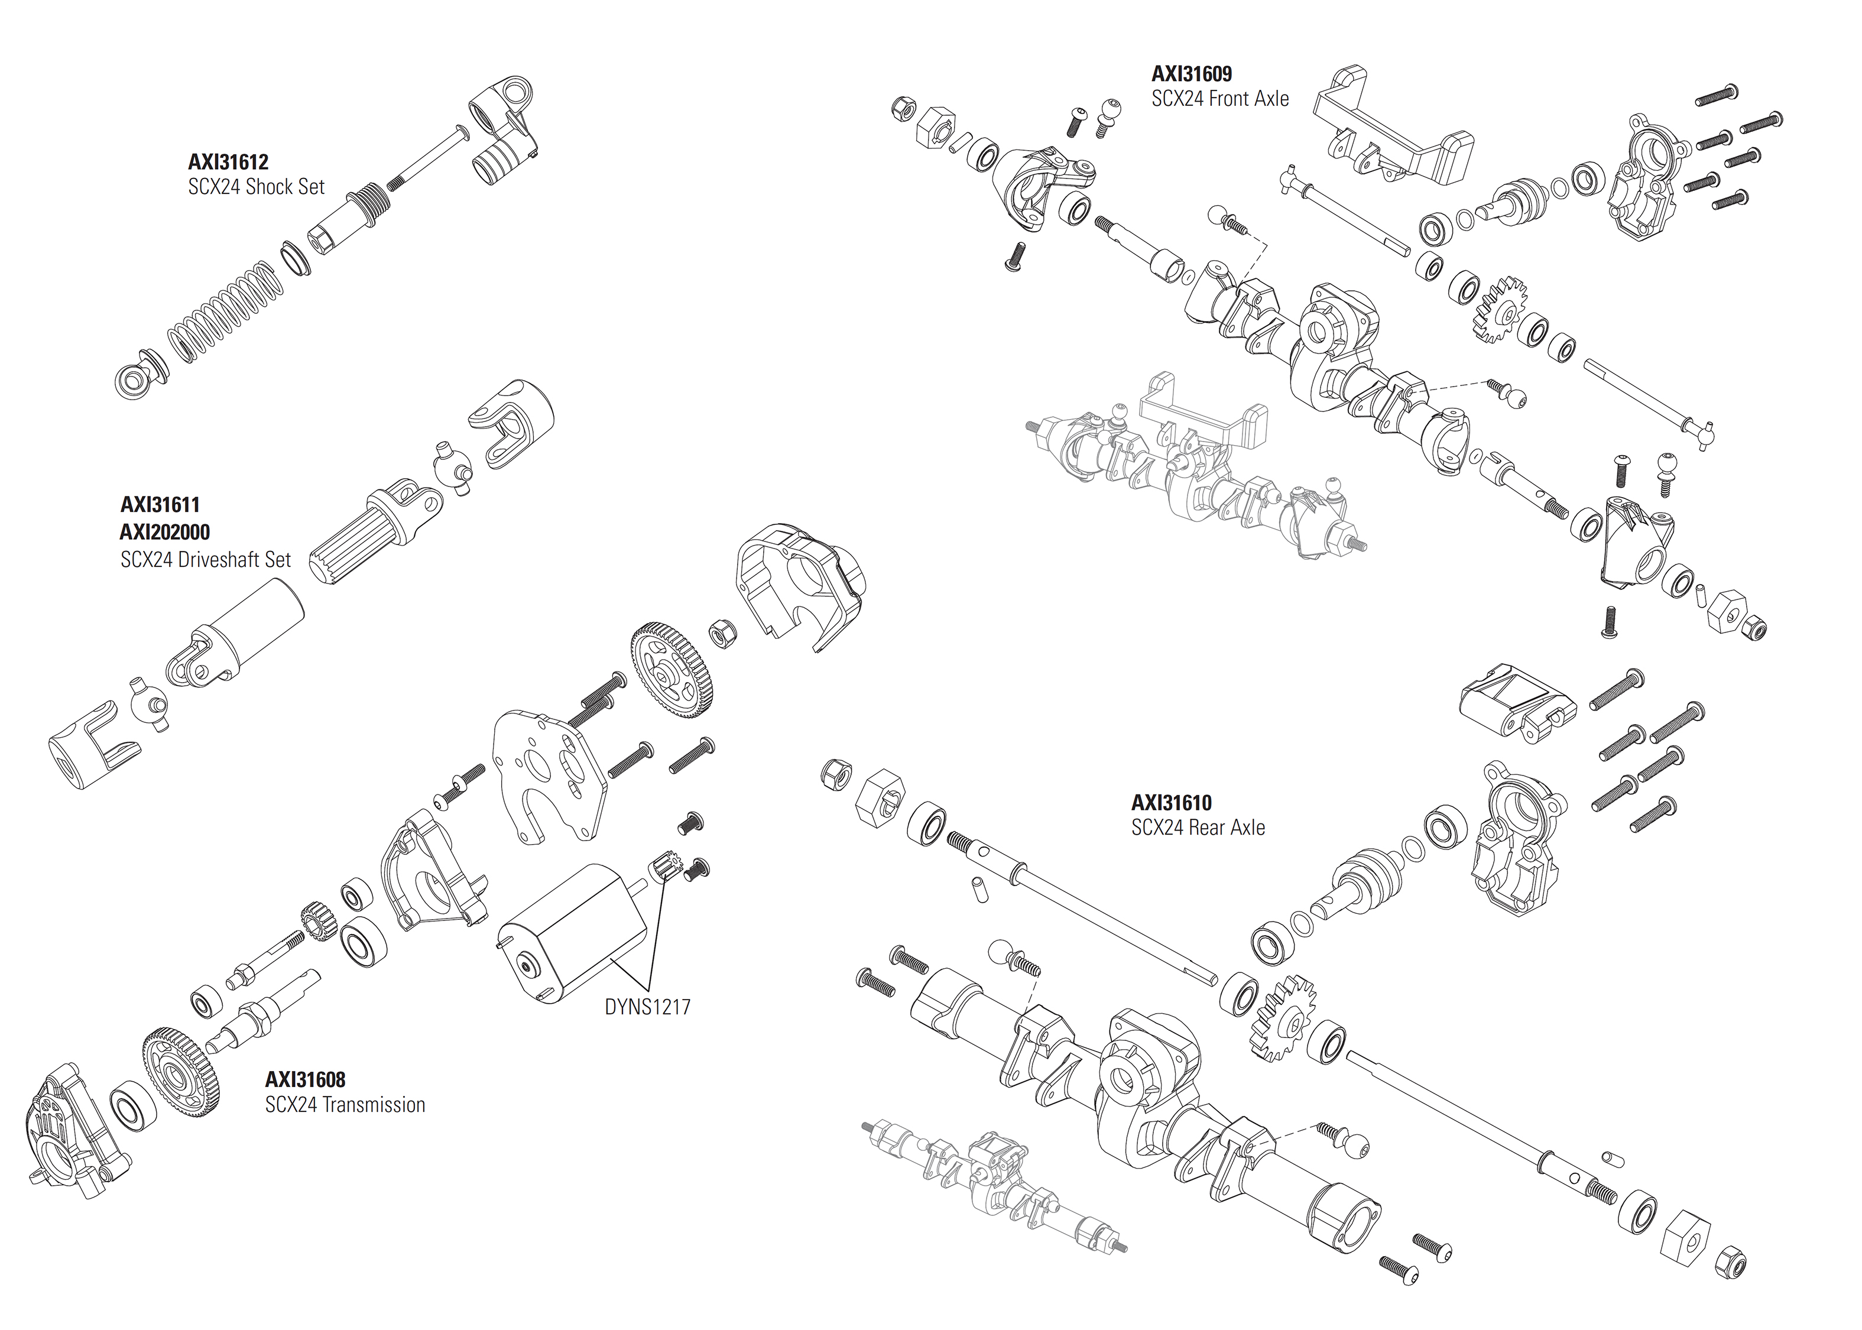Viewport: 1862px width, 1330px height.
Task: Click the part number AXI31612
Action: tap(228, 162)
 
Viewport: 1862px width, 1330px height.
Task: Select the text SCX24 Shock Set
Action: tap(257, 187)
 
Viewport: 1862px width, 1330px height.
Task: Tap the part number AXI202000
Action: tap(164, 533)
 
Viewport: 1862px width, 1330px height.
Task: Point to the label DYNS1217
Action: tap(647, 1007)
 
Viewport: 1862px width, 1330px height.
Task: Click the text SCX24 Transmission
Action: tap(345, 1105)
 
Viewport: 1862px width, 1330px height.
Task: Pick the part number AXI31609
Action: tap(1192, 74)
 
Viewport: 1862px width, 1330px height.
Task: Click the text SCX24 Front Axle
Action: tap(1219, 99)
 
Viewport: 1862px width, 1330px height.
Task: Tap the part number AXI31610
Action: tap(1171, 803)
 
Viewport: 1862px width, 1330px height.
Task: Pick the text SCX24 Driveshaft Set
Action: tap(206, 560)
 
